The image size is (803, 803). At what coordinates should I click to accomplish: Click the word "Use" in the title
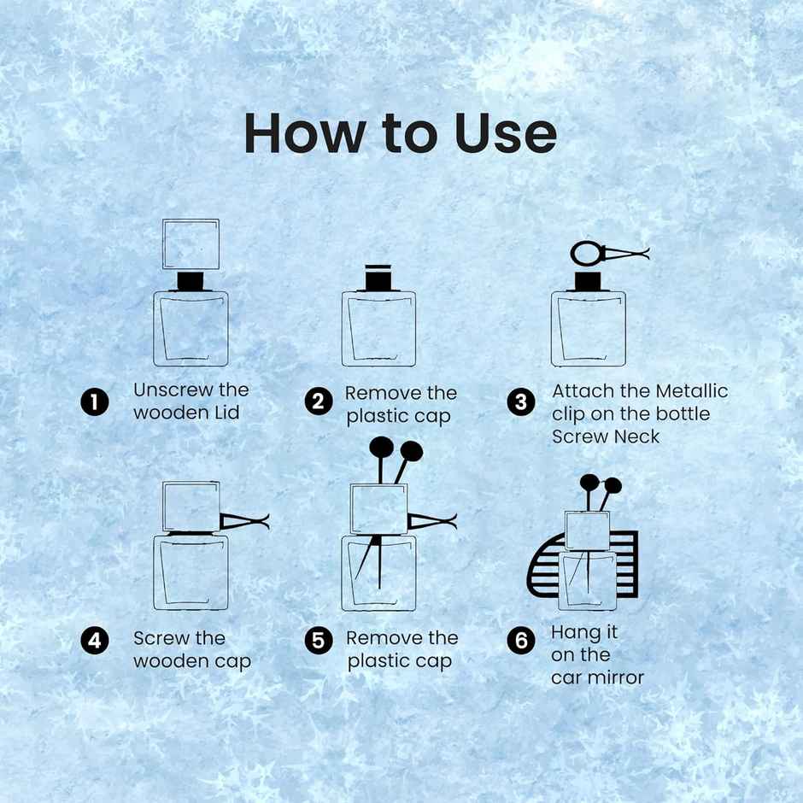click(506, 133)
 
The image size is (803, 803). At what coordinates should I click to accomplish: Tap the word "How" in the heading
click(303, 133)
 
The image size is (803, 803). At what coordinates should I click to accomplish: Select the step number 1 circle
click(95, 401)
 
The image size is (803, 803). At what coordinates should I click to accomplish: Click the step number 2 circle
click(318, 401)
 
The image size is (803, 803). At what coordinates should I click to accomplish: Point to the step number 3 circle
click(521, 401)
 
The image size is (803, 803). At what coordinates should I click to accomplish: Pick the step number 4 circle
click(95, 640)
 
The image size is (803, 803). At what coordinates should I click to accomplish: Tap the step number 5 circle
click(318, 640)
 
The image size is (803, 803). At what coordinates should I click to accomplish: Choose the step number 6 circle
click(521, 640)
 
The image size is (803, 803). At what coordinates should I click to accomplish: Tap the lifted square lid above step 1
click(190, 243)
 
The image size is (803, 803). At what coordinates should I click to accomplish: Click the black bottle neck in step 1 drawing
click(190, 281)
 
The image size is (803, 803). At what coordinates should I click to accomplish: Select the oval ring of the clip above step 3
click(587, 253)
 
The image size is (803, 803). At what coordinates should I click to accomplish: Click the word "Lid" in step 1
click(226, 413)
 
